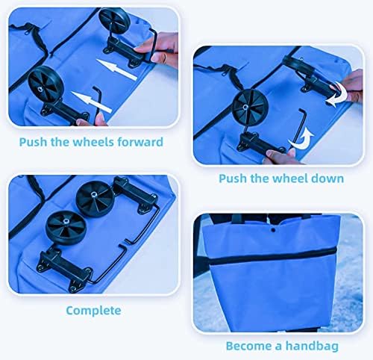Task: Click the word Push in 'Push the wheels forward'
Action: [x=33, y=142]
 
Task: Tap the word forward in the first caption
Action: [x=140, y=142]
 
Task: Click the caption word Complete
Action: [x=93, y=311]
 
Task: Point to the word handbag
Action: [x=312, y=346]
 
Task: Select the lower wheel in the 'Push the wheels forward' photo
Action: [x=46, y=84]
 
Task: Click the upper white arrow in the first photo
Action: [x=116, y=69]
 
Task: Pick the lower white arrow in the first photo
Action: [x=92, y=102]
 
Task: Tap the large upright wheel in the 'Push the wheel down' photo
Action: [x=251, y=107]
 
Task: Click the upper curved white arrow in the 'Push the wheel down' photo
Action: [x=338, y=95]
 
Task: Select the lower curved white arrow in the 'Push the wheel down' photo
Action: [x=301, y=140]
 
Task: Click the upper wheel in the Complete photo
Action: [x=95, y=199]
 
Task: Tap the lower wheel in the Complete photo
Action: [x=66, y=229]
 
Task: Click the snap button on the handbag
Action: [x=273, y=230]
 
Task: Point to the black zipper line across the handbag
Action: [x=273, y=257]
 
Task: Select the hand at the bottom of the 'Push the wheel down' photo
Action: [x=282, y=157]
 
